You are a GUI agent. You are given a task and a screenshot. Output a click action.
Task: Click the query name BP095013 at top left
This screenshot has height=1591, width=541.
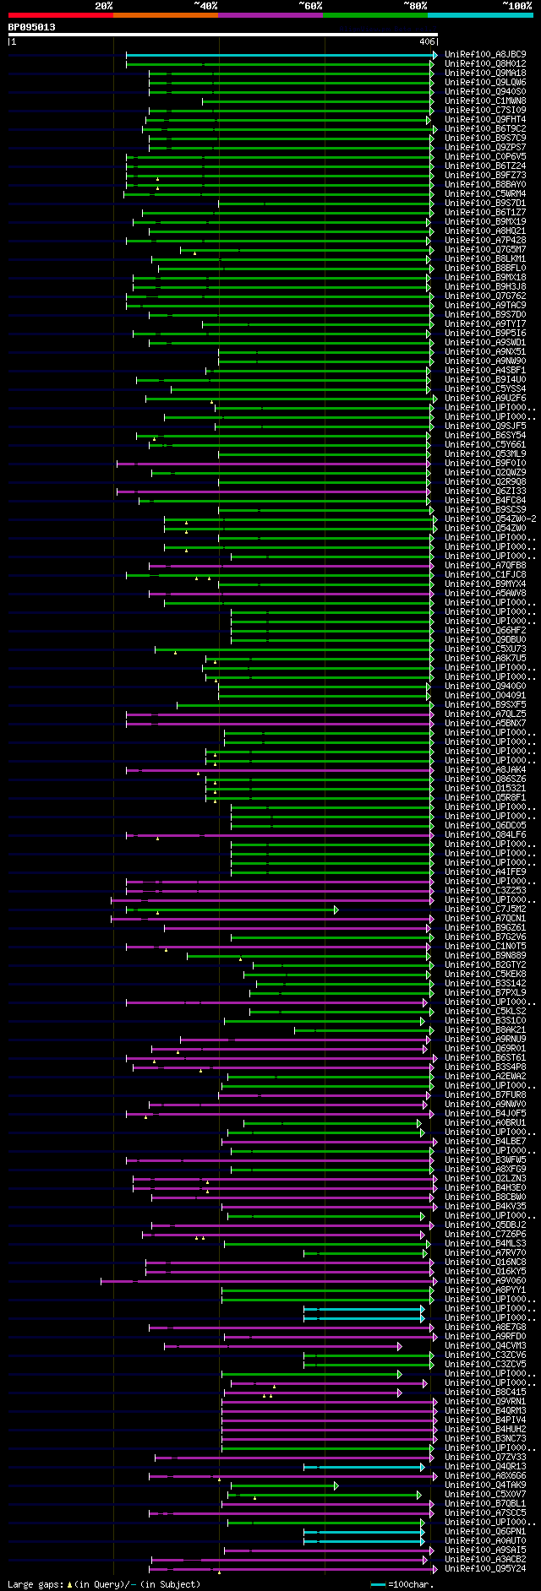point(32,27)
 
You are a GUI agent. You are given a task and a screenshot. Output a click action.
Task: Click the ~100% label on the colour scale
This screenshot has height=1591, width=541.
point(516,6)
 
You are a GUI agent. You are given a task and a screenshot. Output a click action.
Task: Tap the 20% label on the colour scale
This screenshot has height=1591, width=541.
point(104,6)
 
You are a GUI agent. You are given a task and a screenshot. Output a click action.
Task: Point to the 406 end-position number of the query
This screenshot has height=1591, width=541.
point(426,41)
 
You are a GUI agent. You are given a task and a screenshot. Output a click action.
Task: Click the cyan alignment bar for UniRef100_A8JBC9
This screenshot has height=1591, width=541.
point(279,55)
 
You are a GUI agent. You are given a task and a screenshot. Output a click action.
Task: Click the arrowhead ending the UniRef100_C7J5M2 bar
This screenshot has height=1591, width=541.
point(336,910)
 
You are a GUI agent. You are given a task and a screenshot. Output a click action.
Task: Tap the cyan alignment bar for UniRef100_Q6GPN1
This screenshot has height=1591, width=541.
point(363,1532)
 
